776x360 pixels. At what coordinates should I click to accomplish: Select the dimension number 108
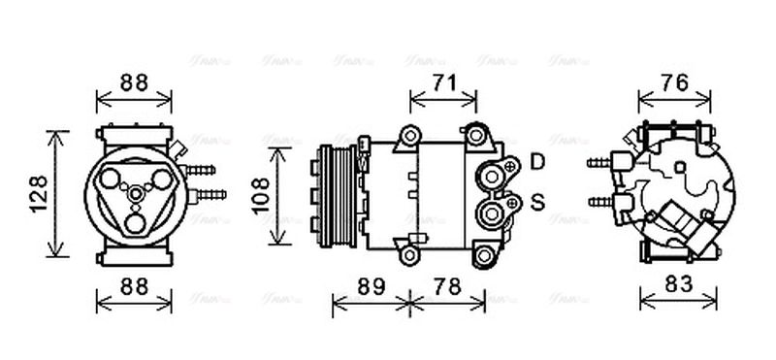(x=260, y=195)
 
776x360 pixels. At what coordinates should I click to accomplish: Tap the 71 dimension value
(x=443, y=83)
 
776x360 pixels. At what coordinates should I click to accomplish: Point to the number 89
(x=370, y=287)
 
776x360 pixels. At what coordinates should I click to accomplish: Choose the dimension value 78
(x=446, y=287)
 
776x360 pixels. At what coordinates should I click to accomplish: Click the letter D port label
(x=537, y=162)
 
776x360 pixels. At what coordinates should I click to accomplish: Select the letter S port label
(x=537, y=203)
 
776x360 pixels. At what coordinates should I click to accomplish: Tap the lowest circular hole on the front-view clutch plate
(x=135, y=224)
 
